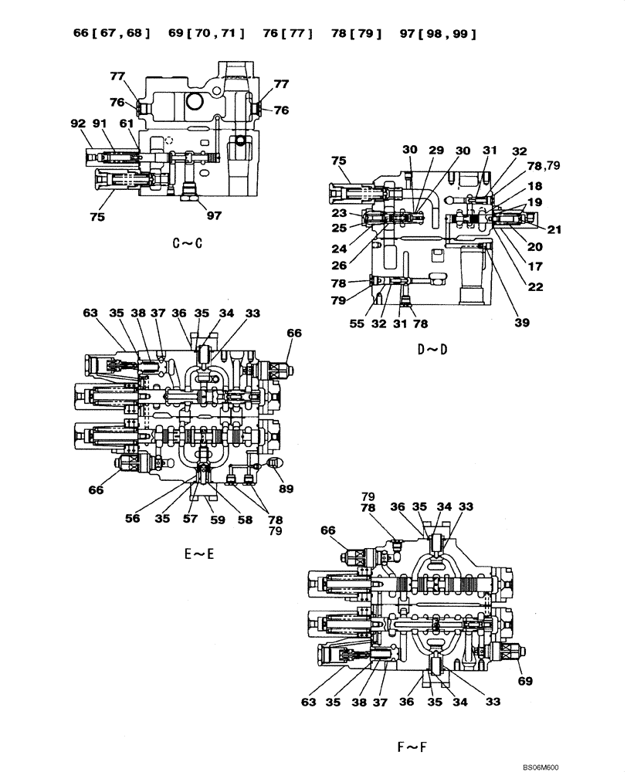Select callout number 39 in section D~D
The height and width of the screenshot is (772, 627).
point(522,323)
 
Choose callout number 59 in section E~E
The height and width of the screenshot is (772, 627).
point(217,520)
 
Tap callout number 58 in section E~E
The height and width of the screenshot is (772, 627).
point(245,520)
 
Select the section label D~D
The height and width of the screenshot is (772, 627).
point(433,350)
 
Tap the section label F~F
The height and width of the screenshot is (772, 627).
point(413,747)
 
